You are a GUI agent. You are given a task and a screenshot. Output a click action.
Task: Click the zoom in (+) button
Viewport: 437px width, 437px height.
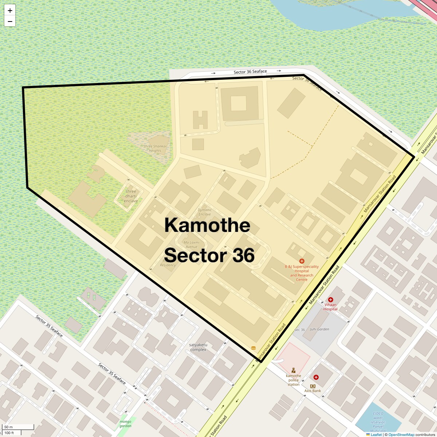[10, 11]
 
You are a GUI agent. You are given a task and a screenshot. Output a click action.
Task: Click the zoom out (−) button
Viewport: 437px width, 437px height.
[10, 21]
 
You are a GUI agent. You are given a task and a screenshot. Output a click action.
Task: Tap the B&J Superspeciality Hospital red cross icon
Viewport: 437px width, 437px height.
[302, 261]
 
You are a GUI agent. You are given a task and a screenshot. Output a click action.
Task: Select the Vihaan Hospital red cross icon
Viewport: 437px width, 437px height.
[331, 300]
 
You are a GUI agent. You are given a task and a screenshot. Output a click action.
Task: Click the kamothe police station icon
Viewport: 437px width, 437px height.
[294, 370]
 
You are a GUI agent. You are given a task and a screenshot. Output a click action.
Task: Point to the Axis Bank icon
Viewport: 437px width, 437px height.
[313, 386]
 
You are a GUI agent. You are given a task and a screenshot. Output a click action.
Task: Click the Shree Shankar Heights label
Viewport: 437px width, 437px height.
[155, 149]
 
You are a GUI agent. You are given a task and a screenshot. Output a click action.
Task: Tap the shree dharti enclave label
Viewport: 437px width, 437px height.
[131, 196]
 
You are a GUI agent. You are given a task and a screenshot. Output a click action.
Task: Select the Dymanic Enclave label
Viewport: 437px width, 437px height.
[205, 212]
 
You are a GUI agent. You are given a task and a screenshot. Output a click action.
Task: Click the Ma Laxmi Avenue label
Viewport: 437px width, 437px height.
[191, 244]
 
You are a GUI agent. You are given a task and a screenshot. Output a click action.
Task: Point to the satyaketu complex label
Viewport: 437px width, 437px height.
[198, 347]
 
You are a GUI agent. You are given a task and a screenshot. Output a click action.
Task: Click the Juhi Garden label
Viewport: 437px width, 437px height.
[319, 329]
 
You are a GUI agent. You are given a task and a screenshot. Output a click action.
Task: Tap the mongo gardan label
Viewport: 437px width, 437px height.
[125, 424]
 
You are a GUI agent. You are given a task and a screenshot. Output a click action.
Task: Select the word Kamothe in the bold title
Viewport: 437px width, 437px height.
[207, 225]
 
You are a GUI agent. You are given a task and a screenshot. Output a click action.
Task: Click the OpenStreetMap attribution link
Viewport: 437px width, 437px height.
[401, 434]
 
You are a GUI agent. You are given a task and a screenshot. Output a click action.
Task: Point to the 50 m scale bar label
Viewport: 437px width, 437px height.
[9, 427]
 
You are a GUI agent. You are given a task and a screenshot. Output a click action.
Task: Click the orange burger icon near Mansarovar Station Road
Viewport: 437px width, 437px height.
[253, 348]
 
